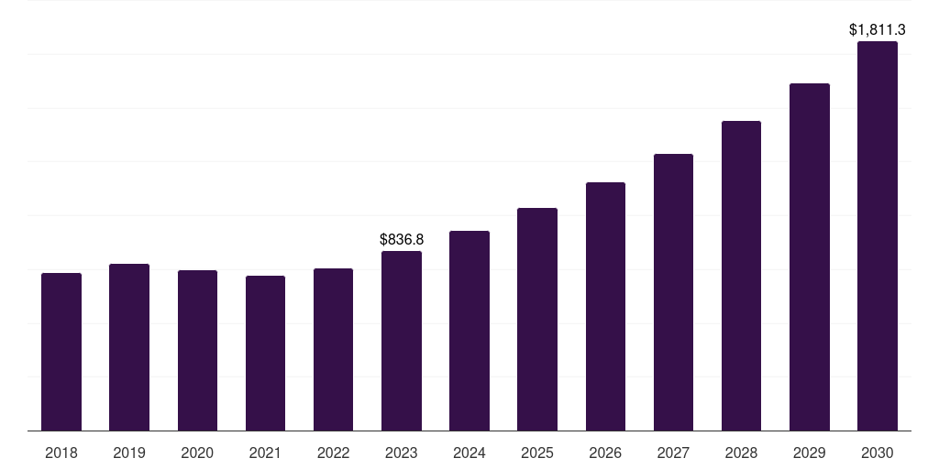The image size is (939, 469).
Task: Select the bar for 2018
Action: [x=61, y=352]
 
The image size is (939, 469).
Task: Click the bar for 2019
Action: [x=129, y=347]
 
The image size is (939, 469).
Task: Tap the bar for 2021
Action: [x=265, y=353]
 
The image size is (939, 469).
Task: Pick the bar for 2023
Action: [x=402, y=341]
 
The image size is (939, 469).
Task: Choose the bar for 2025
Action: [x=537, y=320]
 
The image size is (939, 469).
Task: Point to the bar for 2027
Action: [x=673, y=292]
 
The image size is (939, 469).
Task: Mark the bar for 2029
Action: [x=810, y=257]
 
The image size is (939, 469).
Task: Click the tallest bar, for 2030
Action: [x=878, y=236]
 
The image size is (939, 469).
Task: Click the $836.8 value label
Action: [x=402, y=239]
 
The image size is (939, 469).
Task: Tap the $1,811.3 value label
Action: [x=878, y=29]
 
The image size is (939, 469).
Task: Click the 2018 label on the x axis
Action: [x=61, y=453]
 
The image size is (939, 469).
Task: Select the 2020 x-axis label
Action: [x=197, y=453]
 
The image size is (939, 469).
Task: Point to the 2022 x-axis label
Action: [x=333, y=453]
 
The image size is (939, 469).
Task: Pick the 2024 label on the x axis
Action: [x=469, y=453]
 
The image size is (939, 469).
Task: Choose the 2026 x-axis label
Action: [x=605, y=453]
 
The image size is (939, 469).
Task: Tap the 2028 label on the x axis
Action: [x=741, y=453]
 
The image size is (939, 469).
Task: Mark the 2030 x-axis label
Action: [x=878, y=453]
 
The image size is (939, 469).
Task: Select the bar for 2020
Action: [x=197, y=351]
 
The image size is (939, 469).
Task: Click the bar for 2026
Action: [x=605, y=306]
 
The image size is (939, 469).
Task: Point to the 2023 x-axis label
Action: [x=402, y=453]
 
